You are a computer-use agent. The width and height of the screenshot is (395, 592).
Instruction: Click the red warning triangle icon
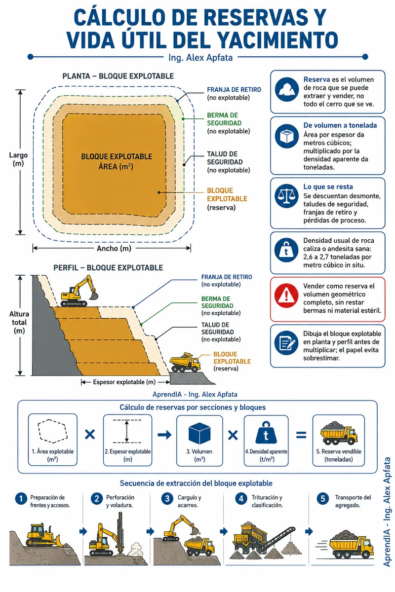point(286,296)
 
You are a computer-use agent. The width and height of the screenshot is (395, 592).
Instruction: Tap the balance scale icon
point(286,196)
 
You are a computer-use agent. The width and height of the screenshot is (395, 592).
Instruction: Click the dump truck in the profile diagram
point(185,362)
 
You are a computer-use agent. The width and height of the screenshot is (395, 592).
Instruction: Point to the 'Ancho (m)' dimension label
point(114,249)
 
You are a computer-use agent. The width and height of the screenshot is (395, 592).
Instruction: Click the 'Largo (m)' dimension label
point(18,159)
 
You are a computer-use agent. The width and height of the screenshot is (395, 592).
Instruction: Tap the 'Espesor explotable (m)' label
point(124,382)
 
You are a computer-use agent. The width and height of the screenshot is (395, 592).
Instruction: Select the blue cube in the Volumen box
point(199,434)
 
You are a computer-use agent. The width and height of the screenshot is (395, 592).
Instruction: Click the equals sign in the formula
point(301,435)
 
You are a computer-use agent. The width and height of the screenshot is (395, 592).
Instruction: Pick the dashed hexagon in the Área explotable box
point(53,431)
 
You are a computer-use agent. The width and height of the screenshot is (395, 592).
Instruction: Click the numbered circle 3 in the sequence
point(167,499)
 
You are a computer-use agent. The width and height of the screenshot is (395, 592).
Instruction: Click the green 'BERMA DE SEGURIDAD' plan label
point(224,119)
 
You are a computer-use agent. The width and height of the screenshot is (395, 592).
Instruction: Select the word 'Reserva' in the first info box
point(316,79)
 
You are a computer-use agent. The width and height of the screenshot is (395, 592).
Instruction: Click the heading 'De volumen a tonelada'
point(340,125)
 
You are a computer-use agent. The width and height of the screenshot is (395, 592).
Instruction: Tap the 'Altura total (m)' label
point(19,323)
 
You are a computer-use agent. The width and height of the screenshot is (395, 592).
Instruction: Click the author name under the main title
point(200,58)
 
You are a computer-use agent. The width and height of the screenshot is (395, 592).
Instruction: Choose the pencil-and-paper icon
point(286,343)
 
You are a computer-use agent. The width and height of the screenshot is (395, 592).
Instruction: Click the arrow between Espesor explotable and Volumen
point(164,435)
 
